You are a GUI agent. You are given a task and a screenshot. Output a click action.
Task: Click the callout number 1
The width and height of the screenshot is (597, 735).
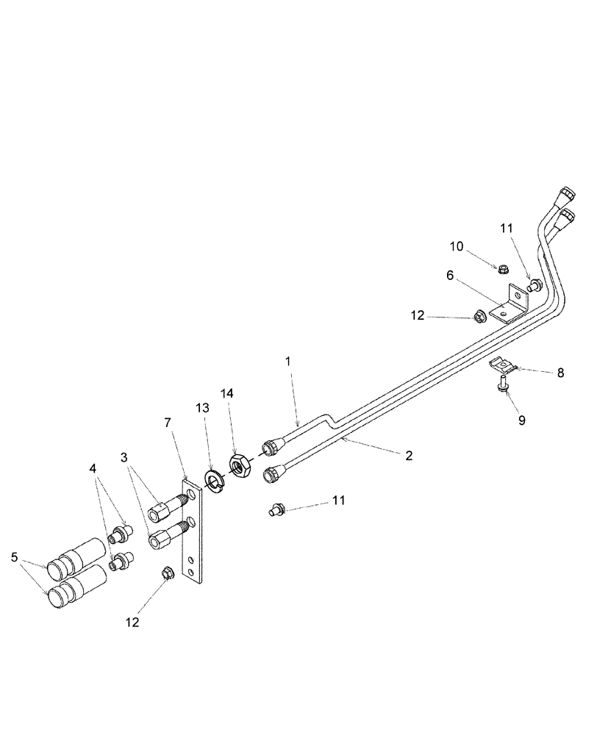click(x=288, y=361)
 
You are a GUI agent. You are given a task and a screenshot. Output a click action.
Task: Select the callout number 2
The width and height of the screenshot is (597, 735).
click(x=408, y=455)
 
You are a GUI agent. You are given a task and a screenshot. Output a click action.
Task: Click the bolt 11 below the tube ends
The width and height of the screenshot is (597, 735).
click(x=277, y=508)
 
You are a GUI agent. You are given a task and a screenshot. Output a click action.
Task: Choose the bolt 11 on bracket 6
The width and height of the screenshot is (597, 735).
click(x=534, y=283)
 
